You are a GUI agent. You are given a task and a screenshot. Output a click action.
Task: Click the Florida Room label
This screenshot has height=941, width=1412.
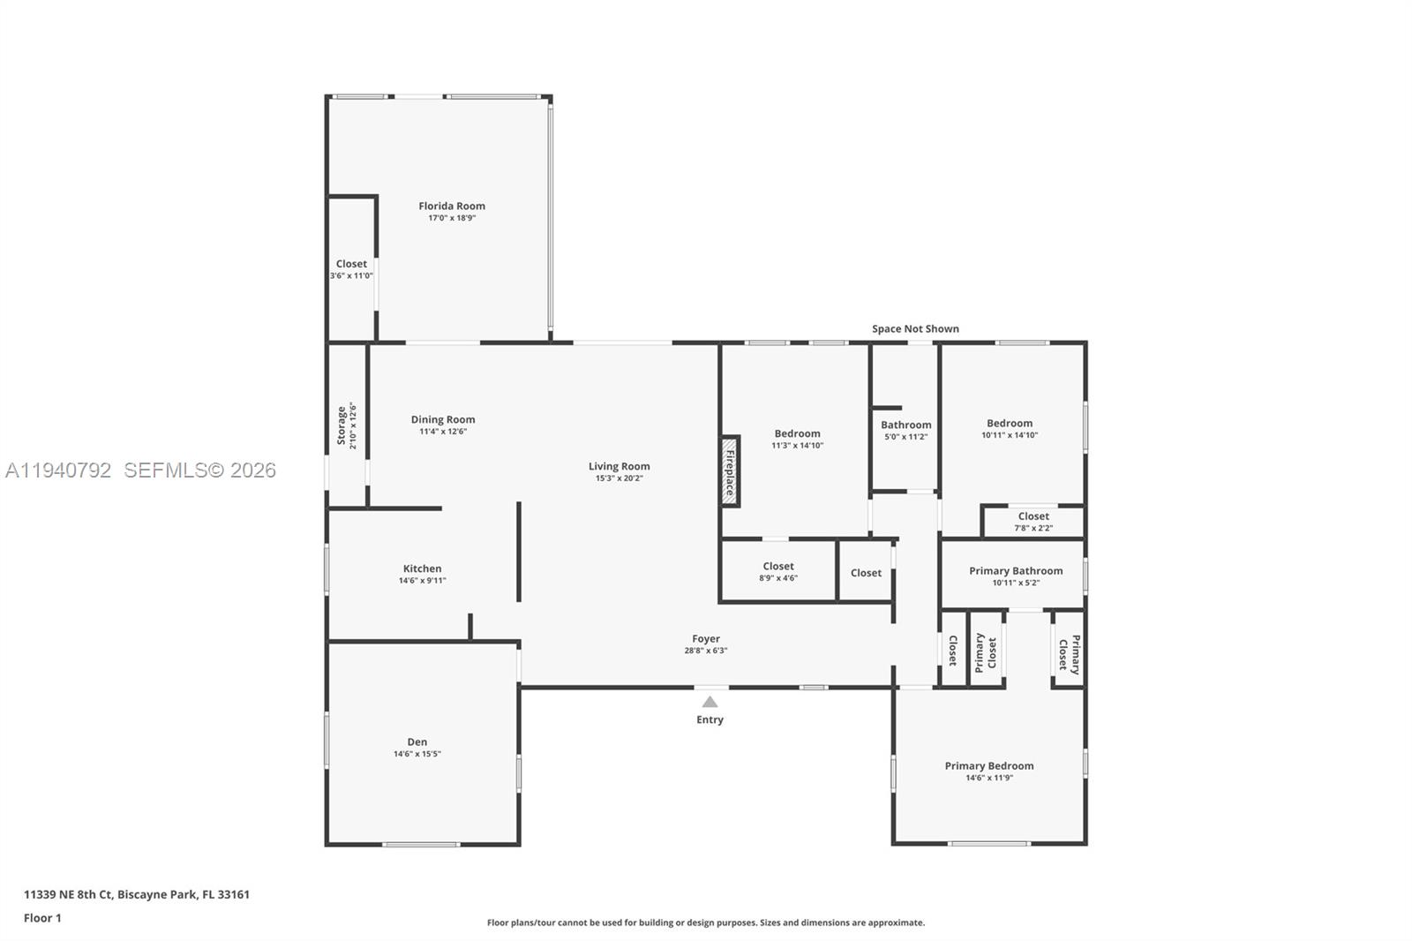tap(452, 207)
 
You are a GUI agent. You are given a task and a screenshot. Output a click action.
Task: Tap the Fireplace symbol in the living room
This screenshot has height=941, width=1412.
tap(730, 470)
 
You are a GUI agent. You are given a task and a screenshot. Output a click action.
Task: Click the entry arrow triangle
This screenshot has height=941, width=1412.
tap(710, 703)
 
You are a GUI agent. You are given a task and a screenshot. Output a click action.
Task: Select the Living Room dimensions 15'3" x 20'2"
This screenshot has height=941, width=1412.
tap(619, 478)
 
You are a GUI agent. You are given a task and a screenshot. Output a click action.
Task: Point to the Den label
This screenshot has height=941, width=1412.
tap(417, 742)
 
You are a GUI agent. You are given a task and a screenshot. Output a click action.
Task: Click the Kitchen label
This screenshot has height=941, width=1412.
tap(422, 569)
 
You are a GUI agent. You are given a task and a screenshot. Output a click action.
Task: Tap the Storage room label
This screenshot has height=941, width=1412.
tap(342, 425)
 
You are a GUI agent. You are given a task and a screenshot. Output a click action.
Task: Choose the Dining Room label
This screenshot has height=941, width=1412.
tap(443, 420)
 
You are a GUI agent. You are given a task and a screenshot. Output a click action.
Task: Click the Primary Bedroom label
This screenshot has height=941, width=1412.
tap(988, 766)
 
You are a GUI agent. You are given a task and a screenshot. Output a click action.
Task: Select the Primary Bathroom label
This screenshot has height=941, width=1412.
tap(1016, 571)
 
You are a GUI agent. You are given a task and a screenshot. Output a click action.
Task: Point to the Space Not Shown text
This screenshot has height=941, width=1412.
tap(915, 329)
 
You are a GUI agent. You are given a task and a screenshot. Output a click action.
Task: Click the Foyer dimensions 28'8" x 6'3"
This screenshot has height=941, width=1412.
tap(705, 651)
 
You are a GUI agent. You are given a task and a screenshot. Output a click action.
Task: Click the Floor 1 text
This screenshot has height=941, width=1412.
tap(42, 918)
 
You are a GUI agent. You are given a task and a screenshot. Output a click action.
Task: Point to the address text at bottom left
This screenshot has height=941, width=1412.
tap(137, 894)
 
